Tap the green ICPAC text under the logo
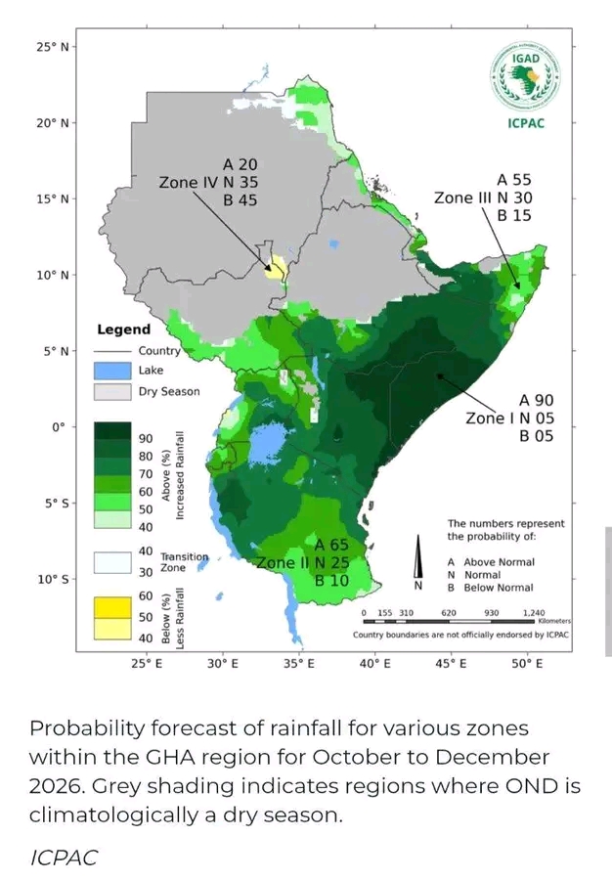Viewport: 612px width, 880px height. pyautogui.click(x=526, y=123)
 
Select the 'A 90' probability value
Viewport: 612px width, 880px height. pyautogui.click(x=536, y=400)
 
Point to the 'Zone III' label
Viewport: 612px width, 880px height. pyautogui.click(x=456, y=198)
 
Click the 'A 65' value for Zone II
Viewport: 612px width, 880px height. pyautogui.click(x=331, y=545)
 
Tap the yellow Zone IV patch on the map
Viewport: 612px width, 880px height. pyautogui.click(x=275, y=268)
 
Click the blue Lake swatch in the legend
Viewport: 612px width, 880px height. pyautogui.click(x=112, y=371)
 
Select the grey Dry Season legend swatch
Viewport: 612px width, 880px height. pyautogui.click(x=112, y=392)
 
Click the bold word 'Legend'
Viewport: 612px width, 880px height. pyautogui.click(x=124, y=330)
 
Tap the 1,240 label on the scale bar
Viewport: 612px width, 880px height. pyautogui.click(x=534, y=613)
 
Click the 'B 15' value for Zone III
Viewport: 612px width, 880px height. pyautogui.click(x=514, y=216)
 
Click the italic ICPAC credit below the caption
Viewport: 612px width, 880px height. pyautogui.click(x=64, y=858)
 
